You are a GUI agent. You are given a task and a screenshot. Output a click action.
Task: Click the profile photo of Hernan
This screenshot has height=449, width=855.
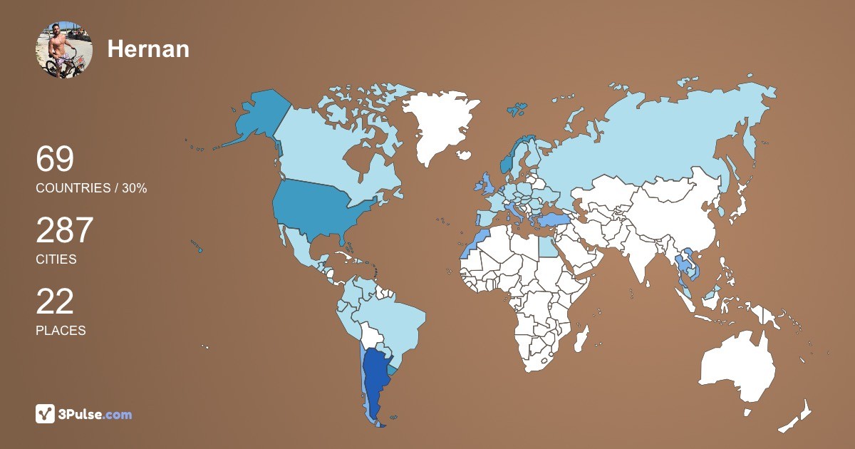pyautogui.click(x=64, y=49)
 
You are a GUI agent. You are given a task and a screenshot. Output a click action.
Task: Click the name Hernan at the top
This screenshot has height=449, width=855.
pyautogui.click(x=148, y=49)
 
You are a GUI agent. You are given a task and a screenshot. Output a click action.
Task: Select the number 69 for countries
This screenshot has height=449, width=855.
pyautogui.click(x=55, y=159)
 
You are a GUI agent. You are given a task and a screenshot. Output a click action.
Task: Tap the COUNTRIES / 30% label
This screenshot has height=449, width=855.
pyautogui.click(x=91, y=188)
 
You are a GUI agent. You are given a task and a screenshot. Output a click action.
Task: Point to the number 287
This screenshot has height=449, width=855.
pyautogui.click(x=65, y=230)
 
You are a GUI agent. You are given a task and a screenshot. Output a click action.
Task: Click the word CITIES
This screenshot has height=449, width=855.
pyautogui.click(x=56, y=259)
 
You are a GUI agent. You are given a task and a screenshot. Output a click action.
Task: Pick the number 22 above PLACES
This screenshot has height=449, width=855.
pyautogui.click(x=55, y=301)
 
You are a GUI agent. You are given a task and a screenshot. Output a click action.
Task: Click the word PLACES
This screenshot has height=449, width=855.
pyautogui.click(x=61, y=331)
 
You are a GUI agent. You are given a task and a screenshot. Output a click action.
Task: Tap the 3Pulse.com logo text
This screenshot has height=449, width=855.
pyautogui.click(x=95, y=414)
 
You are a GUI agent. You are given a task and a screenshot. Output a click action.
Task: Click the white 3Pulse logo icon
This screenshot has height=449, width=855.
pyautogui.click(x=46, y=414)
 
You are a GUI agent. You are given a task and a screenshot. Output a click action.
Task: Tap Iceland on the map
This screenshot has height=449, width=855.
pyautogui.click(x=465, y=155)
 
